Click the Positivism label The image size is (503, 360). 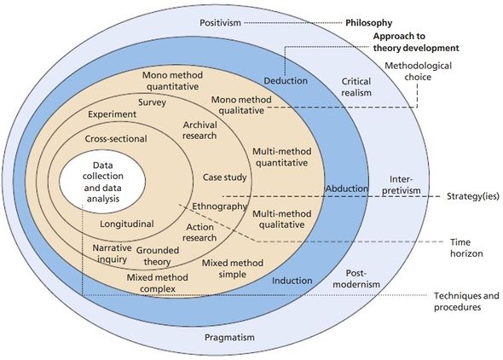(x=220, y=23)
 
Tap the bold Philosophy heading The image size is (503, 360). (x=368, y=23)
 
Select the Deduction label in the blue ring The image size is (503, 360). (x=286, y=81)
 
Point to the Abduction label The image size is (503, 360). (x=347, y=189)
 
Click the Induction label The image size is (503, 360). (x=292, y=281)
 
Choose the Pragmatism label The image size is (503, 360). (x=229, y=337)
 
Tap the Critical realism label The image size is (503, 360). (x=356, y=87)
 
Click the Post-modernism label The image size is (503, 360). (x=356, y=278)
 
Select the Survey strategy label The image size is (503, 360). (x=152, y=102)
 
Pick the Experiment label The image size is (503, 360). (x=112, y=114)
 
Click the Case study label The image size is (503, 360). (x=224, y=177)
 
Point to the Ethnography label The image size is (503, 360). (x=219, y=206)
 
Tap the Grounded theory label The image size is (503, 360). (x=158, y=256)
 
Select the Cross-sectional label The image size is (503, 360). (x=116, y=139)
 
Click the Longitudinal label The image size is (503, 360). (x=127, y=224)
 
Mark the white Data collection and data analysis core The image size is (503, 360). (x=102, y=182)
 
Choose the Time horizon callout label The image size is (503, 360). (x=466, y=247)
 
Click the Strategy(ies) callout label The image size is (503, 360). (x=473, y=196)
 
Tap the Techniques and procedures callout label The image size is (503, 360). (x=466, y=301)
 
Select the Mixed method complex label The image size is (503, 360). (x=158, y=283)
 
